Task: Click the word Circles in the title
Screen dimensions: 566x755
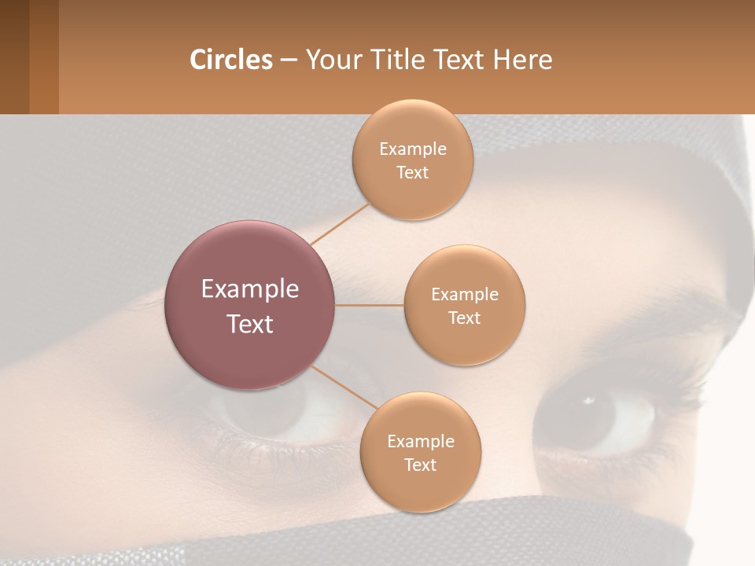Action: tap(230, 60)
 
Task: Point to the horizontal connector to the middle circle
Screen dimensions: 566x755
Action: tap(370, 305)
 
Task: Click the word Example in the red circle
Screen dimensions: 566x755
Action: tap(250, 289)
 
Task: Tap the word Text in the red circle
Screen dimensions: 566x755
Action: tap(250, 324)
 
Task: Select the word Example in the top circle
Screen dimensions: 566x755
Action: tap(413, 149)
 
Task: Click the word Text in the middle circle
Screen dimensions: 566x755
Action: tap(465, 318)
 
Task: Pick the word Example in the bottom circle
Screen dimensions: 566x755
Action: tap(421, 442)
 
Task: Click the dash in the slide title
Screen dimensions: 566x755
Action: tap(289, 61)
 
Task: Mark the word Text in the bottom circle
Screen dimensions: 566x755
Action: tap(421, 465)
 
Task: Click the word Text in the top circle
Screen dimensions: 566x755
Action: tap(413, 173)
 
